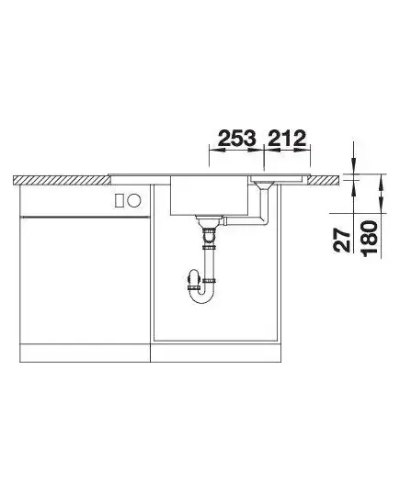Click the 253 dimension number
point(237,139)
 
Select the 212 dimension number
point(287,139)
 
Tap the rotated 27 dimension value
point(342,240)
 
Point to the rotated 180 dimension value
point(370,239)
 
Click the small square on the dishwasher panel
point(120,200)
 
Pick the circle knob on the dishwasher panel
point(134,200)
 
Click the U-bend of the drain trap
point(201,293)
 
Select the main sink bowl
point(210,196)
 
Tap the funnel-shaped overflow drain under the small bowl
point(263,185)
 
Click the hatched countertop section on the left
point(63,181)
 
